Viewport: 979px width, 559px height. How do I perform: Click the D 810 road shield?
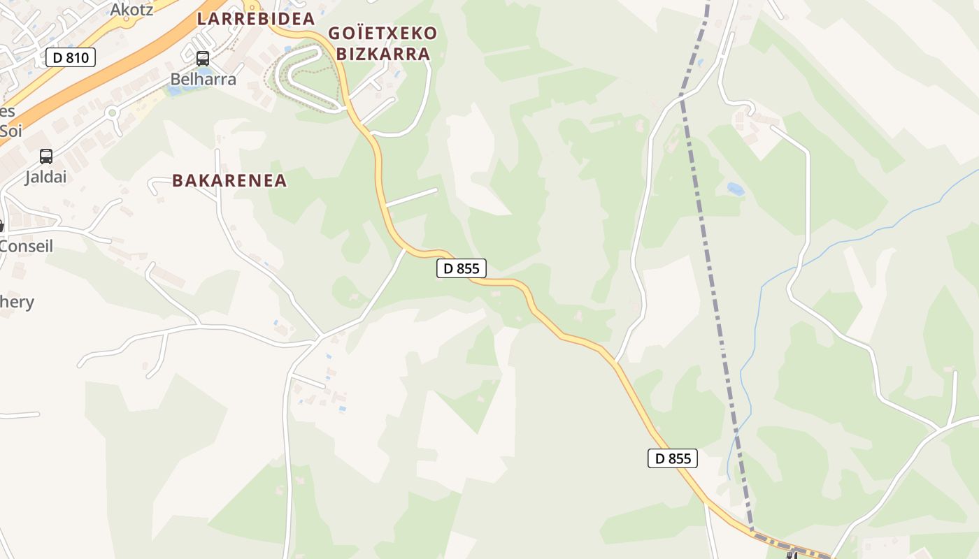pos(71,57)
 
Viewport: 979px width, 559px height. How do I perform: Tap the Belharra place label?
pos(203,79)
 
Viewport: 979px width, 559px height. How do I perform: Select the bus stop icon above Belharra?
pos(203,59)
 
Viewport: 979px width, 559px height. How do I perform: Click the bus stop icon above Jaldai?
pos(46,157)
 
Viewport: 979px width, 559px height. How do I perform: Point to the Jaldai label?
pos(46,177)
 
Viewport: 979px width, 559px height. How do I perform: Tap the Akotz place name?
pos(131,9)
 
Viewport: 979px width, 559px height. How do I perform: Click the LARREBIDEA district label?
pos(256,19)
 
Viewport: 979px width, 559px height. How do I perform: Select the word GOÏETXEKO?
pos(383,34)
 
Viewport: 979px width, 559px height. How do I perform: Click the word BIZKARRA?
pos(383,54)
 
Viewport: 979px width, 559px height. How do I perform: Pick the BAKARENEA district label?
pos(230,180)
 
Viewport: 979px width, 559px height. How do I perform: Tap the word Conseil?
pos(27,246)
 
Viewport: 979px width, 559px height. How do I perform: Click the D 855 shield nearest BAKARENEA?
pos(462,268)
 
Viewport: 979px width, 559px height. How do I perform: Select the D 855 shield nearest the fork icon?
pos(673,458)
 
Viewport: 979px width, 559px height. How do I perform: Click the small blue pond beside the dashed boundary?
pos(735,189)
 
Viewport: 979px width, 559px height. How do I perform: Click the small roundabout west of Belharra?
pos(111,112)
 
